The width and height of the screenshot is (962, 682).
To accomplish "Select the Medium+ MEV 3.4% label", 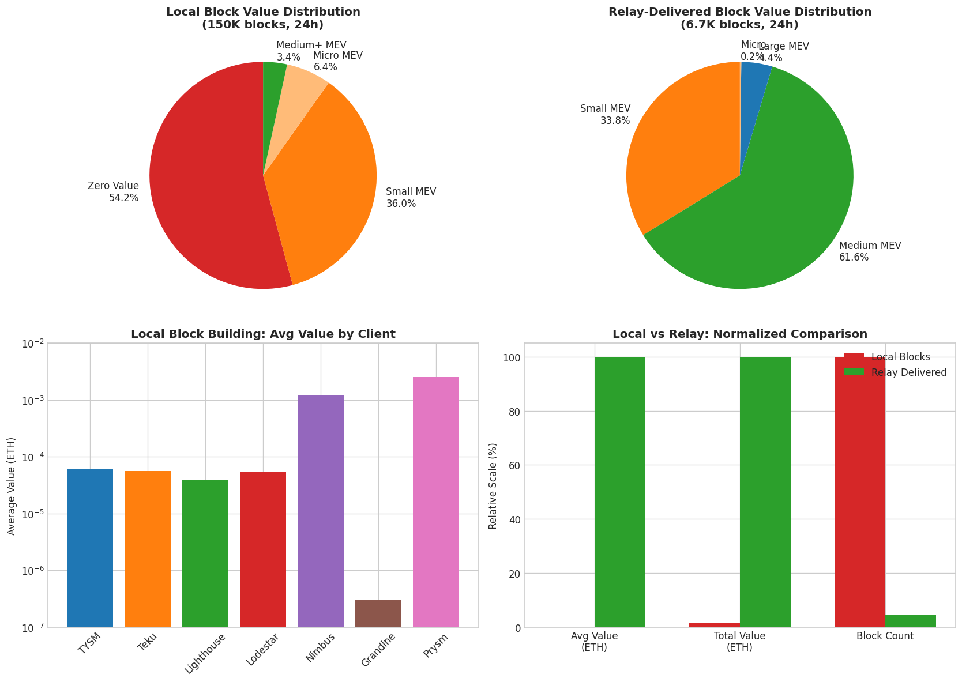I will click(311, 51).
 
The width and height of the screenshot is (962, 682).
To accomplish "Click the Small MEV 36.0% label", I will click(411, 197).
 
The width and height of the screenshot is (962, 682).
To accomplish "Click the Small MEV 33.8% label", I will click(605, 114).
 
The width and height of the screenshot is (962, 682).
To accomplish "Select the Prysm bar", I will click(436, 502).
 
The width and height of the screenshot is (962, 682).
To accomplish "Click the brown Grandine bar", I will click(378, 613).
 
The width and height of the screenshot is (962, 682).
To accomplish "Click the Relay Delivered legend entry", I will click(908, 372).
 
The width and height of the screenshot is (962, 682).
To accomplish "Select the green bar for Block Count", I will click(911, 621).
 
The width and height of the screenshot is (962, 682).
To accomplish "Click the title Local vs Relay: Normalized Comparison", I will click(740, 334).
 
